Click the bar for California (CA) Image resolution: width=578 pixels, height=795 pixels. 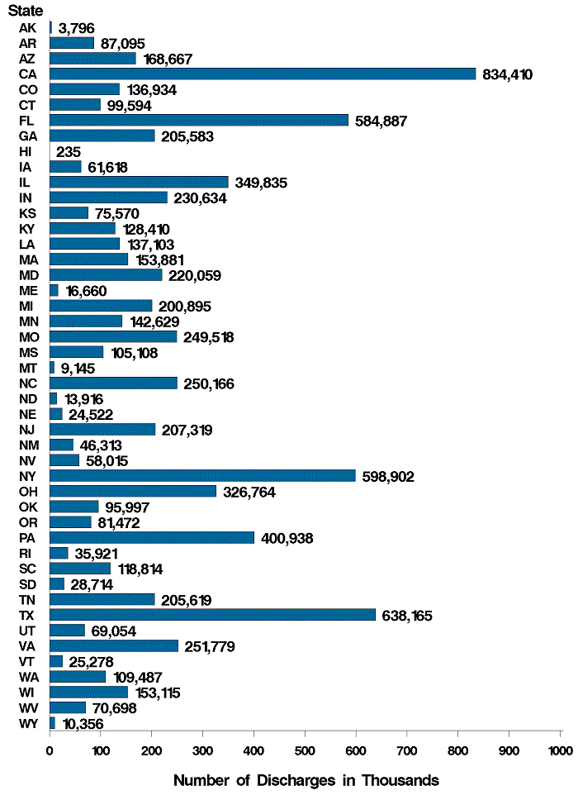(263, 74)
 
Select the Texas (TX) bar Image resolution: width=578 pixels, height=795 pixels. (212, 615)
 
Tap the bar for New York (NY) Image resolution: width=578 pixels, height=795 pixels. (202, 476)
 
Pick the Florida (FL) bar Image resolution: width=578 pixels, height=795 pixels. (199, 121)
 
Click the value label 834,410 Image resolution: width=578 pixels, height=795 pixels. (508, 74)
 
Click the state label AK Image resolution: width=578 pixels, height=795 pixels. (26, 28)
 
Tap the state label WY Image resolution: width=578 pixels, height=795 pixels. (26, 723)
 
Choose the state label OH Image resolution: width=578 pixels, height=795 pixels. (26, 492)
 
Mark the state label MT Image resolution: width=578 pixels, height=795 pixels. (26, 368)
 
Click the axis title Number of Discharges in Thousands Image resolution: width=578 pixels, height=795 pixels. (306, 780)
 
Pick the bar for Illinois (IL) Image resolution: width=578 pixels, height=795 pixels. (139, 183)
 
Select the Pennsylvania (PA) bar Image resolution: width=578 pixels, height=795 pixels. (152, 538)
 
